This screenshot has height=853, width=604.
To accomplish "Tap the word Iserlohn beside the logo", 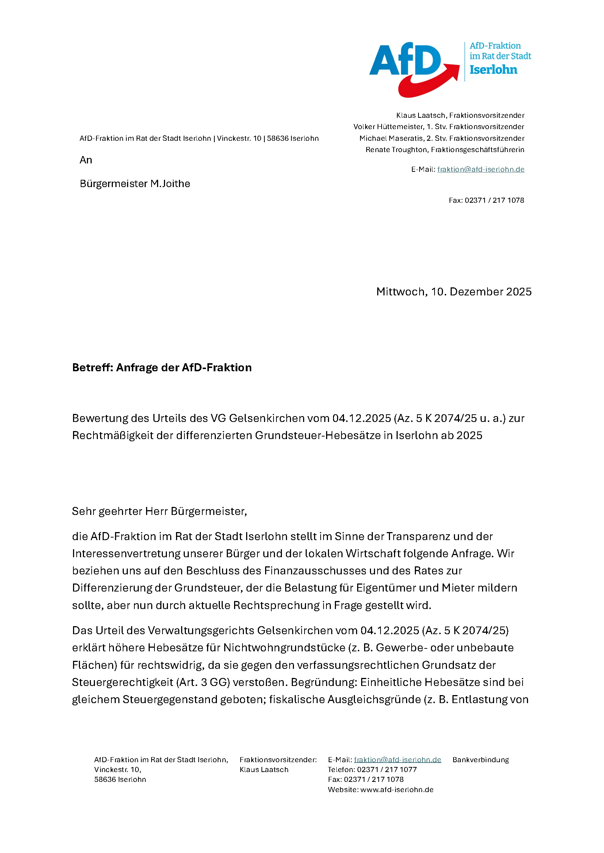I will (493, 70).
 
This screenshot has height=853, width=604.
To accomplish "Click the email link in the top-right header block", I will (481, 170).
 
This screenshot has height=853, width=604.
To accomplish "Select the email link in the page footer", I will (397, 760).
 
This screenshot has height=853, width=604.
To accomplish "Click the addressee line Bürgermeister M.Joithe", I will (135, 184).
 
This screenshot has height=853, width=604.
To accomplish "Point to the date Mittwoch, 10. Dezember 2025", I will (454, 292).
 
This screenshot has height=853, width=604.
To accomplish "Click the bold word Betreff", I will (92, 368).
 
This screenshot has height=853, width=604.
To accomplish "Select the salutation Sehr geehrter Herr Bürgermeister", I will (159, 511).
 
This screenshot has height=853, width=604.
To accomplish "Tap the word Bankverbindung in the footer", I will (481, 760).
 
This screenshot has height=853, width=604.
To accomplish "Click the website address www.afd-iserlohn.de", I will (397, 790).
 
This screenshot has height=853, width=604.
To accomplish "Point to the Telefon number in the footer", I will (387, 769).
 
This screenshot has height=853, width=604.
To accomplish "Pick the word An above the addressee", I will (86, 160).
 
